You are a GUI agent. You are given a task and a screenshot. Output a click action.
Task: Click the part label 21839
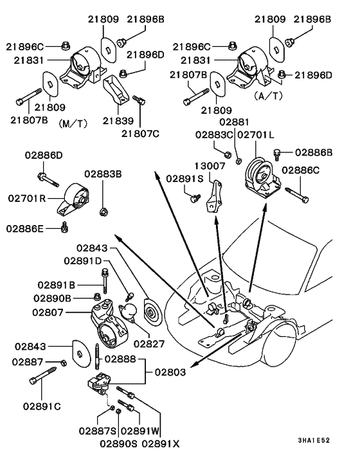(118, 121)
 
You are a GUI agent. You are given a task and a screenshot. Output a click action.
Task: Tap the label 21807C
(140, 134)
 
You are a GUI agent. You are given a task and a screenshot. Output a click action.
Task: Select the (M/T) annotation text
(73, 124)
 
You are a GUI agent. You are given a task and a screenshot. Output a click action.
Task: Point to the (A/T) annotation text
(268, 96)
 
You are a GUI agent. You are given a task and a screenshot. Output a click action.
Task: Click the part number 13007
(210, 166)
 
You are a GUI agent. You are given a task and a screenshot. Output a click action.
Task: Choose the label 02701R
(27, 199)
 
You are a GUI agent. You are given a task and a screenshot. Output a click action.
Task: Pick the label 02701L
(256, 135)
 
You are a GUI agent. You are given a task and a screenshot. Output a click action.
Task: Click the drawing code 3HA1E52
(314, 440)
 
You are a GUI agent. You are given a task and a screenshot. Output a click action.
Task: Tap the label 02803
(170, 372)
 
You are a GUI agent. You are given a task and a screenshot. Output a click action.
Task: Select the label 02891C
(42, 406)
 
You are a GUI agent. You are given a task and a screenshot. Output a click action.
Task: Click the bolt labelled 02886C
(297, 195)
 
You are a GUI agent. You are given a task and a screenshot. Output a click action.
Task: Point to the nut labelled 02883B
(104, 212)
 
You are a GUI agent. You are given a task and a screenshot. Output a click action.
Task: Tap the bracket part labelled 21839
(116, 89)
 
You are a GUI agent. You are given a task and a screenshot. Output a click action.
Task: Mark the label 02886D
(44, 155)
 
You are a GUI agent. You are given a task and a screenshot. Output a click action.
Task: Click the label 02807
(48, 313)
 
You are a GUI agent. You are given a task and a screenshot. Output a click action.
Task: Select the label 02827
(148, 343)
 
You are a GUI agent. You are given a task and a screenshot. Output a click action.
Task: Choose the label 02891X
(161, 443)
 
